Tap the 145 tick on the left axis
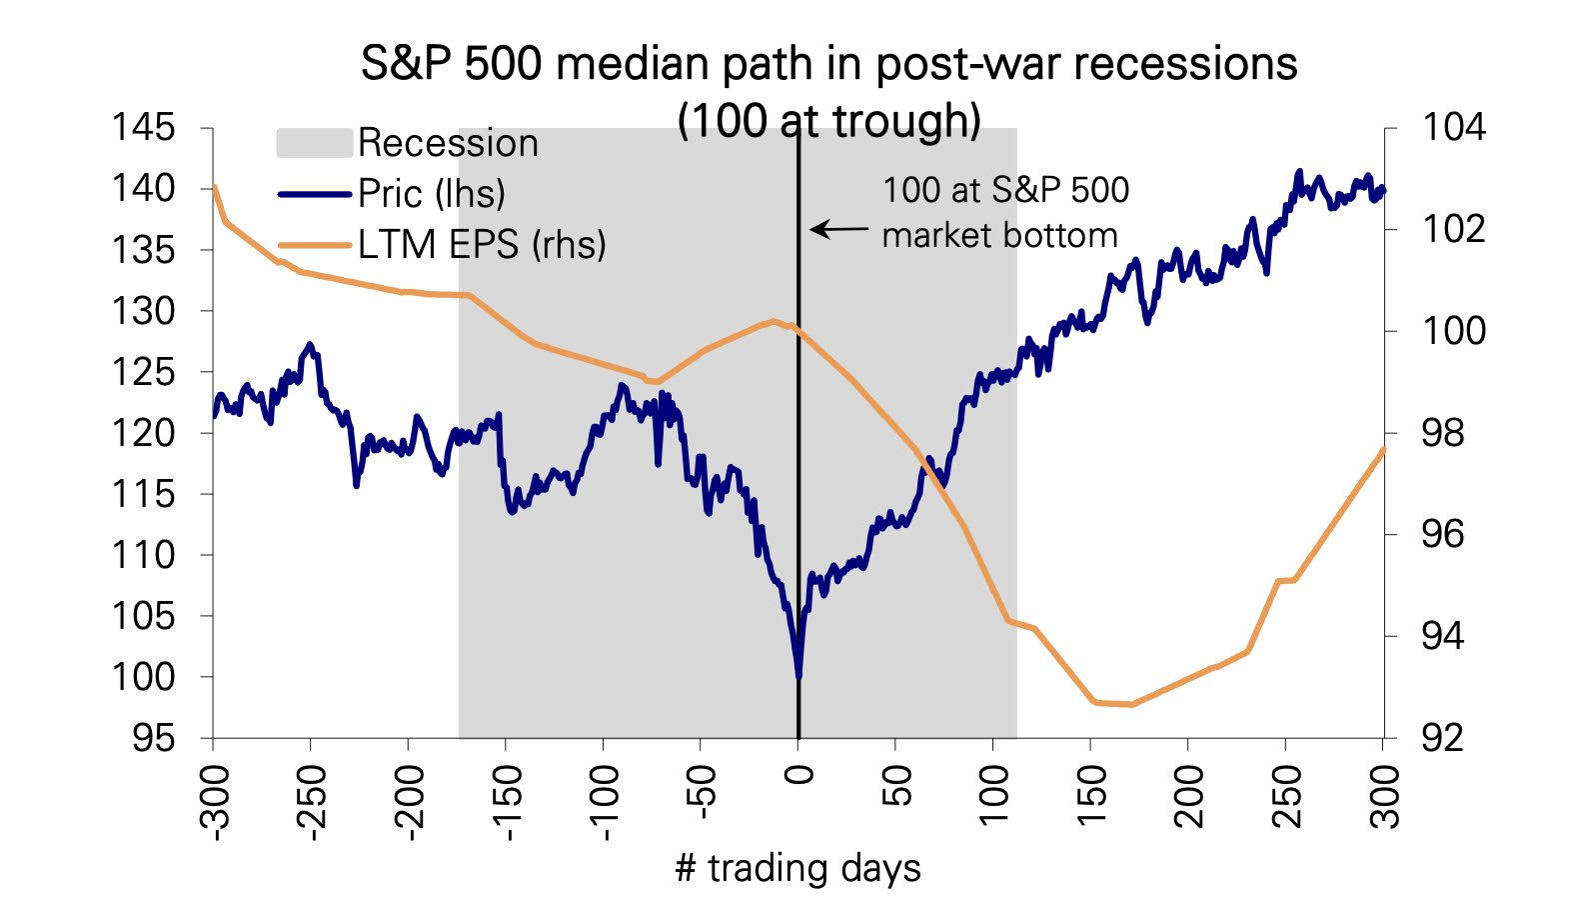point(143,128)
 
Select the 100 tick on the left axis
point(143,677)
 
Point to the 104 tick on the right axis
point(1453,128)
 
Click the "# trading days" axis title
point(797,868)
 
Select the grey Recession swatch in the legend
point(314,143)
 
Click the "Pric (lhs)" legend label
point(432,193)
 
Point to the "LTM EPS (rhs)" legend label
point(482,244)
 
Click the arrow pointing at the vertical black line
point(838,230)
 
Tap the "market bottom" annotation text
point(999,236)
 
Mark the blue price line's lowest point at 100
point(798,676)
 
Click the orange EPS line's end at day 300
point(1383,449)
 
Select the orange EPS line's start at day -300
point(214,187)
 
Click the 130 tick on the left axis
point(143,311)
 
